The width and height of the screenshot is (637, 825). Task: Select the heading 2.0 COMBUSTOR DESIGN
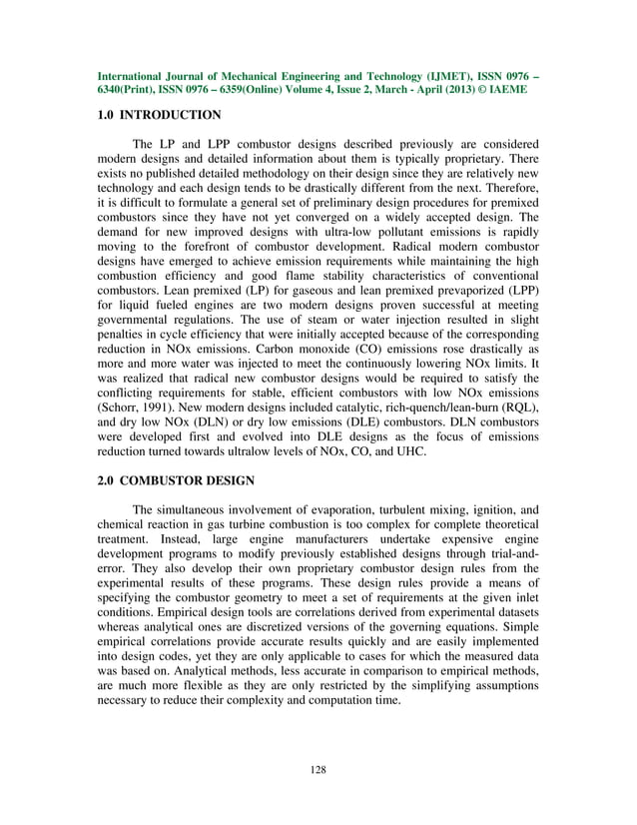176,480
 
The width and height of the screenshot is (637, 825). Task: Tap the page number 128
318,769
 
